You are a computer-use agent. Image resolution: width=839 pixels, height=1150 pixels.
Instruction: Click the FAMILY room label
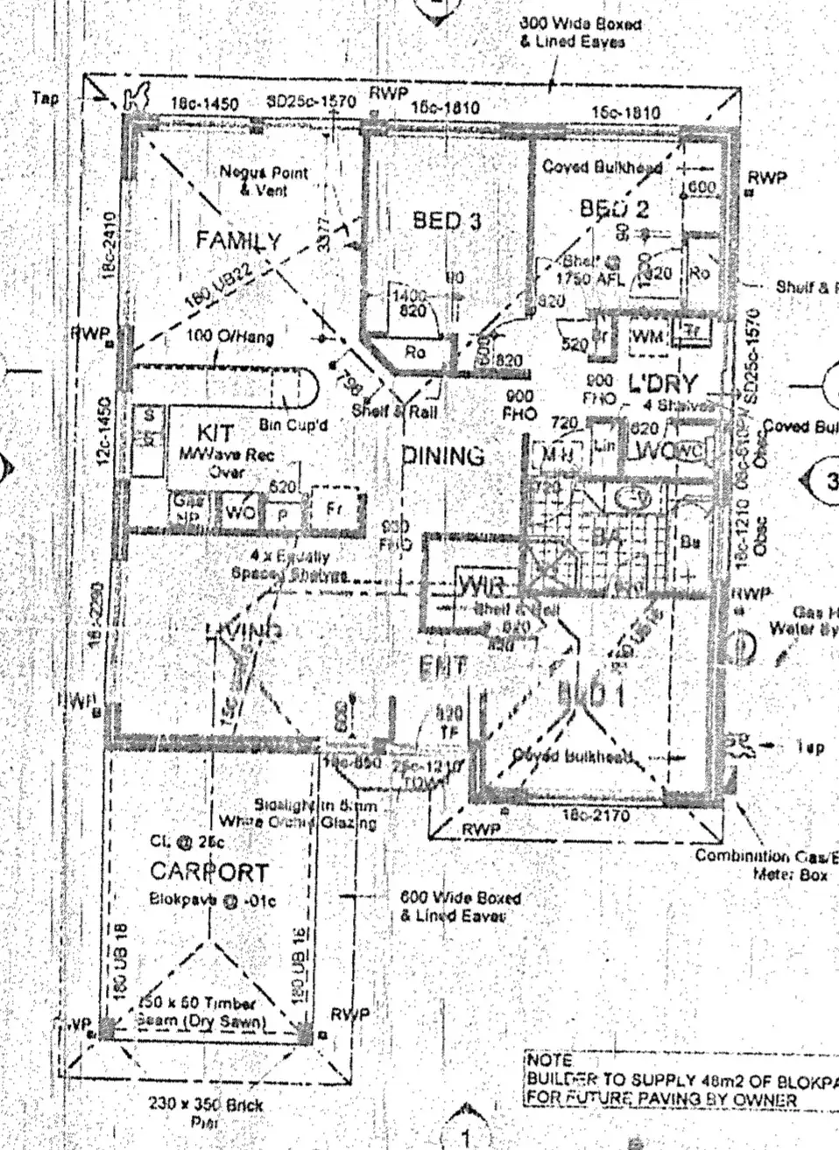(238, 240)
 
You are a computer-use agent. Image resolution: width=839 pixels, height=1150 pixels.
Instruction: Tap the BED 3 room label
(447, 221)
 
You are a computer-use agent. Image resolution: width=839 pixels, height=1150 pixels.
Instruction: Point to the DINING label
(443, 455)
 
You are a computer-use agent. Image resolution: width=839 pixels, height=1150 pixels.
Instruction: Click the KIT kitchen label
(215, 433)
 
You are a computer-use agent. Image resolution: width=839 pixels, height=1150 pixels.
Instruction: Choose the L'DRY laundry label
(662, 383)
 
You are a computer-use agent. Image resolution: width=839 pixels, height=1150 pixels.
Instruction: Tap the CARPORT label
(208, 871)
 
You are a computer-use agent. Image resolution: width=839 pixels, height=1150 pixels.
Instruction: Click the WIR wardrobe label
(480, 586)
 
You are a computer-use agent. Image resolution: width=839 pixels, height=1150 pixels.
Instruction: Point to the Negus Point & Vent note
(263, 180)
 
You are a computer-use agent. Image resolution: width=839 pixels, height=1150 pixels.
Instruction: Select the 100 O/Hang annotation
(229, 336)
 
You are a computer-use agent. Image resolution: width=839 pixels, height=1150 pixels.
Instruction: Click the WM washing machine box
(647, 336)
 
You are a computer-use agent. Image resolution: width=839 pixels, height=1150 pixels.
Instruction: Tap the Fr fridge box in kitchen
(334, 508)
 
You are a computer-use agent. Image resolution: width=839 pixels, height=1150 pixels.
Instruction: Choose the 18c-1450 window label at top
(204, 104)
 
